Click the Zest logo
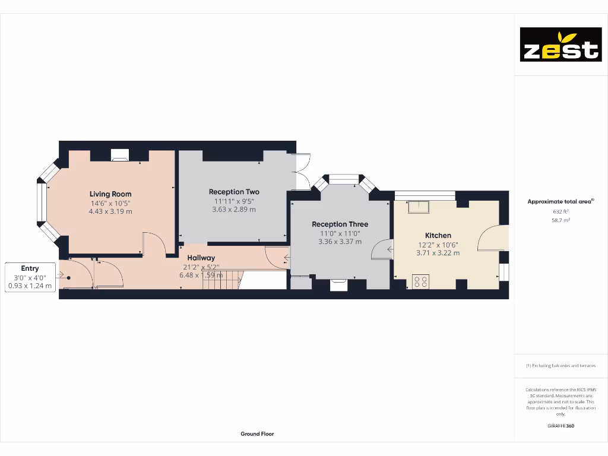(x=560, y=45)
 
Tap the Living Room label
(x=110, y=194)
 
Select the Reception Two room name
(x=234, y=192)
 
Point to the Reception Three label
(x=340, y=224)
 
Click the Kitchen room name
(x=438, y=236)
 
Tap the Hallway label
(x=201, y=258)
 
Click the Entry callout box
(x=30, y=277)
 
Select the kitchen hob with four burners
(x=421, y=281)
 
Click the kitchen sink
(x=418, y=207)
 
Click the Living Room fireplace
(x=119, y=155)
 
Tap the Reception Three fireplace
(x=338, y=284)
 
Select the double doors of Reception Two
(x=302, y=172)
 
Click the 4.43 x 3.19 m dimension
(x=110, y=211)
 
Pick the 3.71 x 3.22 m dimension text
(x=438, y=253)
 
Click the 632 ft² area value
(x=560, y=211)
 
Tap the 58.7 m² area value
(x=560, y=220)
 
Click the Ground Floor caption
(x=257, y=434)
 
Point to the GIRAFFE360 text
(x=560, y=426)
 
